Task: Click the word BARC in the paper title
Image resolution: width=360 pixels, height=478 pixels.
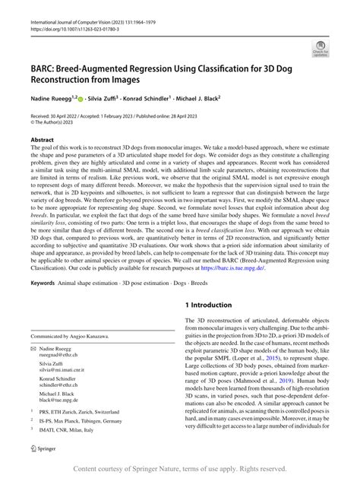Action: (43, 67)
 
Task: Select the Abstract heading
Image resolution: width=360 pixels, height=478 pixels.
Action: (42, 140)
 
